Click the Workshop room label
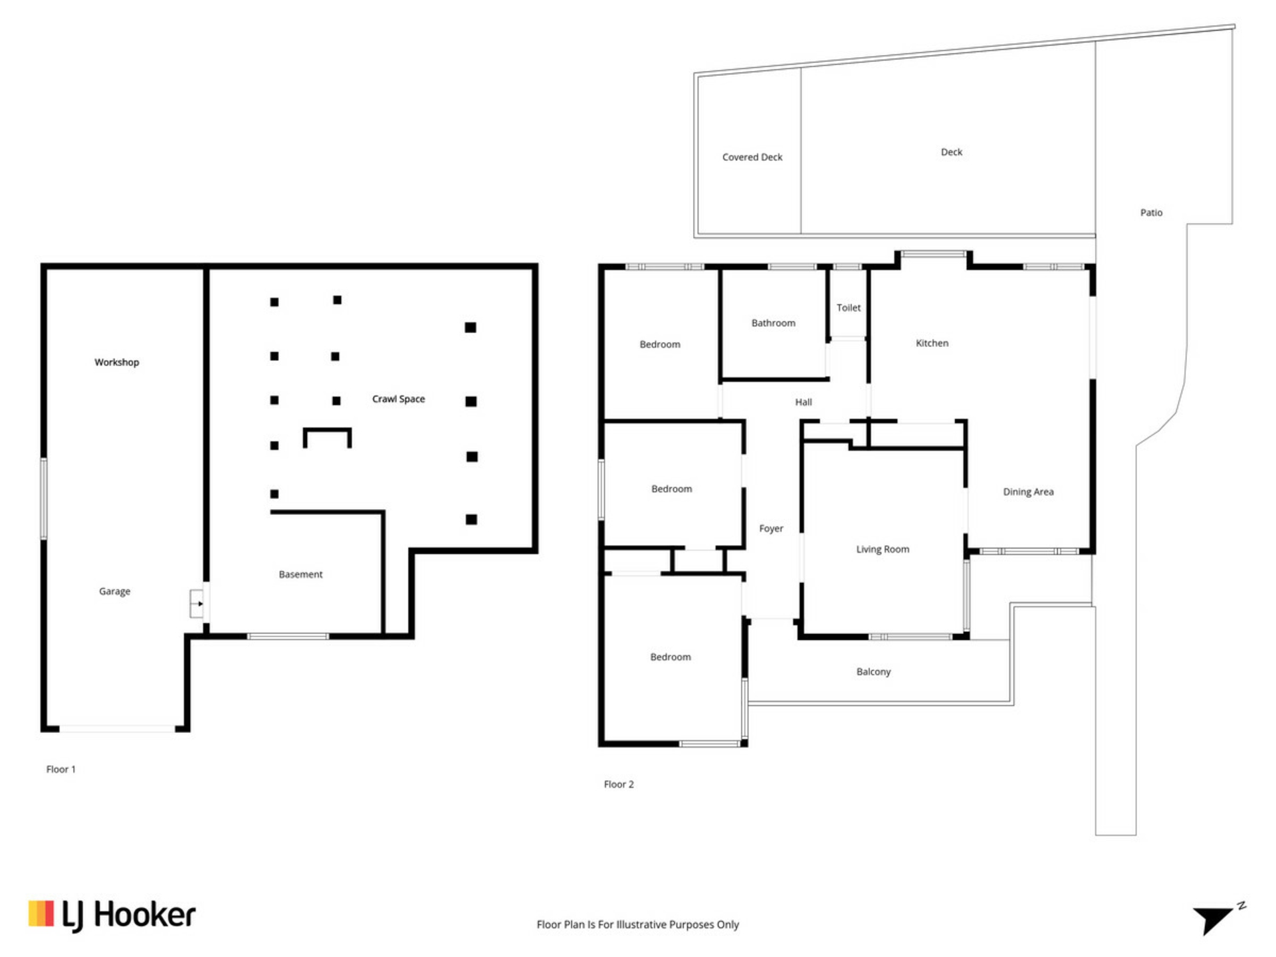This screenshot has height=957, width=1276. click(117, 362)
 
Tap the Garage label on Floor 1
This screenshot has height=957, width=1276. click(114, 591)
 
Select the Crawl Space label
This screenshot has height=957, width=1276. click(398, 399)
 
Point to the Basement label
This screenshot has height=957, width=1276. click(300, 574)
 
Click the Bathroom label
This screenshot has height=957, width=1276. click(773, 323)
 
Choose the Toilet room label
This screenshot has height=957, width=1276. click(848, 308)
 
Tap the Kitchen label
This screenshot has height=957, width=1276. click(932, 343)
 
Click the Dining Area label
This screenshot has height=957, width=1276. click(1028, 492)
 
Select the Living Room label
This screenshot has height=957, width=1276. click(883, 549)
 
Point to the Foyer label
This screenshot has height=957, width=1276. click(771, 528)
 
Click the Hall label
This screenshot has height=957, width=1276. click(803, 402)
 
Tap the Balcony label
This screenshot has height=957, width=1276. click(873, 672)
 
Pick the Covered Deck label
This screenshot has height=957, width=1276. click(752, 158)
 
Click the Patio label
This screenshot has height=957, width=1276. click(1151, 213)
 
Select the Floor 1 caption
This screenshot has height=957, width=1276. click(61, 769)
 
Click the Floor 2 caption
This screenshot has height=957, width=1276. click(619, 784)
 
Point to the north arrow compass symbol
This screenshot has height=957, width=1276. click(1215, 919)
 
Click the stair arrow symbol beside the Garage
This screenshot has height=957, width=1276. click(197, 603)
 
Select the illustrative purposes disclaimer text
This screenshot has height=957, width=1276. click(637, 924)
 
